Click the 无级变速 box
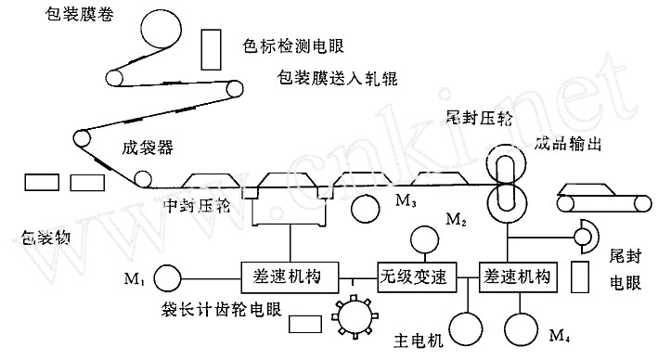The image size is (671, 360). coord(413,276)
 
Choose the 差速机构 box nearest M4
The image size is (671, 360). coord(518,276)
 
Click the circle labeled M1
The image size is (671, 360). coord(167,276)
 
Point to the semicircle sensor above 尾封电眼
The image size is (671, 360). coord(586,238)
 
